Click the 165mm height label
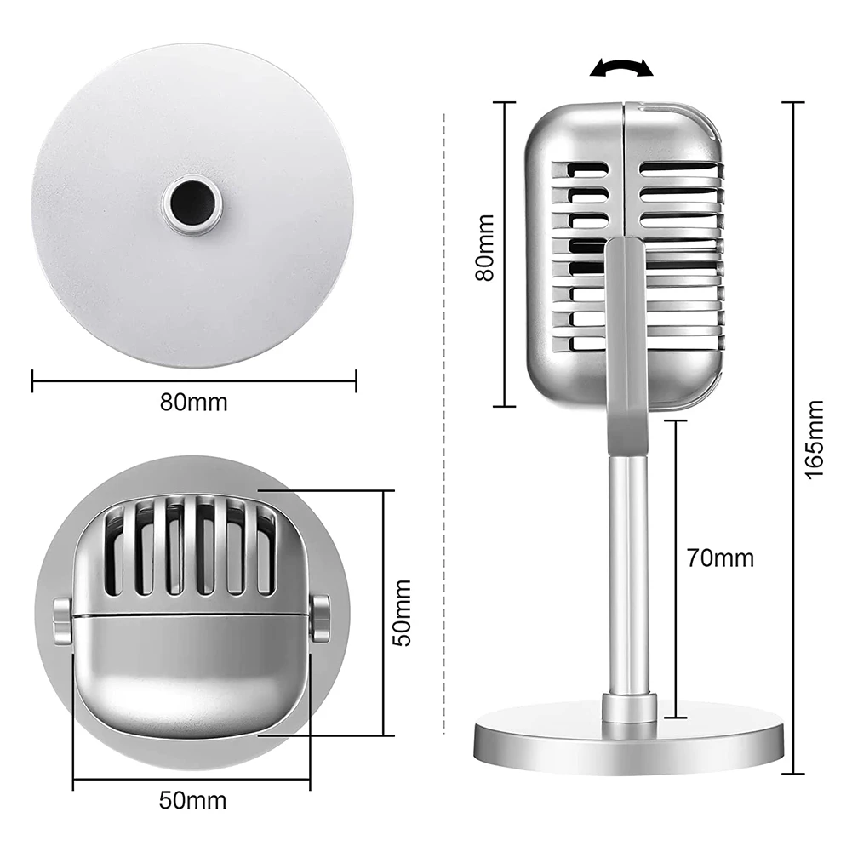point(815,438)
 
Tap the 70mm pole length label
point(720,558)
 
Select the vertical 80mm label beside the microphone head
point(483,253)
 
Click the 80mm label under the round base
point(194,402)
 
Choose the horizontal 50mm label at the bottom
point(193,800)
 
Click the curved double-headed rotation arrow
point(622,68)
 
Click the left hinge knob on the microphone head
point(62,620)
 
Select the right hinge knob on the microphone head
point(320,619)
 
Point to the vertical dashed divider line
point(446,426)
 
